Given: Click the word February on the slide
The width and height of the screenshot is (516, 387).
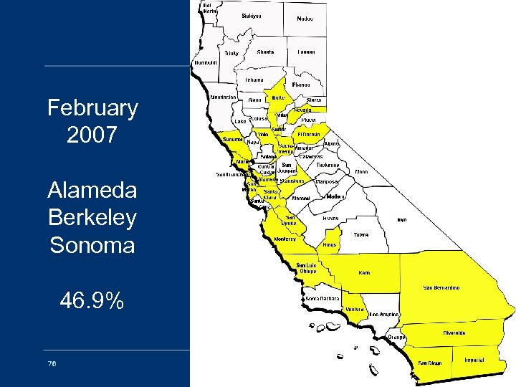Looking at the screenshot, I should click(x=92, y=108).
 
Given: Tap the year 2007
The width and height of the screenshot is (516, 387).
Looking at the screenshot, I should click(x=92, y=135).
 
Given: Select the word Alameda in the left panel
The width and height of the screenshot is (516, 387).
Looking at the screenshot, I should click(x=92, y=190).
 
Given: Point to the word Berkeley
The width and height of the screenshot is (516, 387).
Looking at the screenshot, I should click(x=92, y=217).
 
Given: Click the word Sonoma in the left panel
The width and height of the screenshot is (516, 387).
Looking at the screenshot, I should click(x=92, y=245).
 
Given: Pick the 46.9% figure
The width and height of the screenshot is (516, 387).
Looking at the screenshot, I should click(x=92, y=301).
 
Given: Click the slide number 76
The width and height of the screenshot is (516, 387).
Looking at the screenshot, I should click(x=52, y=363).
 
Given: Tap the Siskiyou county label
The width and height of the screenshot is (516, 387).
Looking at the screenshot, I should click(x=252, y=15).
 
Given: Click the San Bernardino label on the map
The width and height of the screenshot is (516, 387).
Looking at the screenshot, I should click(x=441, y=287).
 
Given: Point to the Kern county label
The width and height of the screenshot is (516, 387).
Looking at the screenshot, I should click(x=365, y=273).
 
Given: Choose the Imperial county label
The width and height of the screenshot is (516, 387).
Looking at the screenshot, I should click(x=474, y=360).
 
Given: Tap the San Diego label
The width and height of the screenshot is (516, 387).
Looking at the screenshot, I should click(x=430, y=363).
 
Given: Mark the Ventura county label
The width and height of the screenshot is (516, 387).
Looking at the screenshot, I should click(x=354, y=309).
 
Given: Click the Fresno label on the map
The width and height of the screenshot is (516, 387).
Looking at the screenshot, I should click(x=330, y=217).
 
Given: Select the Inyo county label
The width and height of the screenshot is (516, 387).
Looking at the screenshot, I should click(x=402, y=220).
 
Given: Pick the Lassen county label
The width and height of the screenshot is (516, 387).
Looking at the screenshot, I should click(x=307, y=52).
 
